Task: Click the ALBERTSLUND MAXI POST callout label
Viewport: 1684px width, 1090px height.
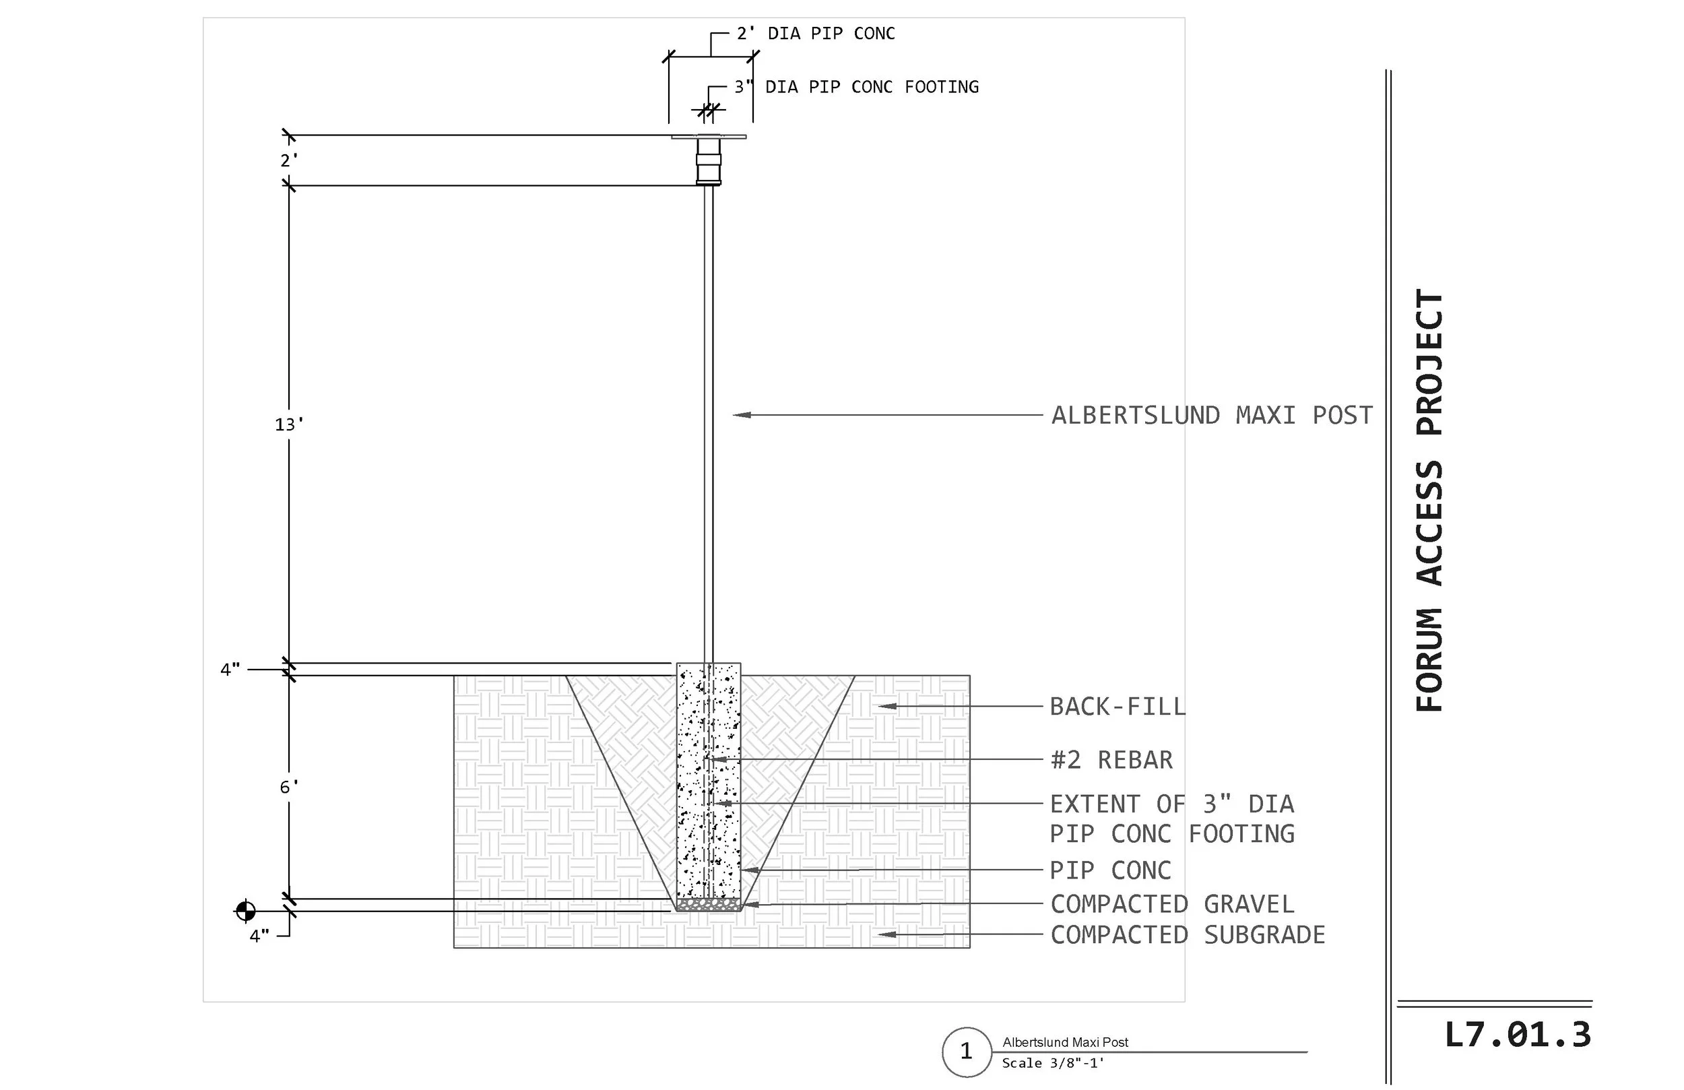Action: coord(1212,416)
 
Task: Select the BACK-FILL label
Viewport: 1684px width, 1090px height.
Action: coord(1118,707)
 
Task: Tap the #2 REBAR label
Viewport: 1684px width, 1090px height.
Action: coord(1111,759)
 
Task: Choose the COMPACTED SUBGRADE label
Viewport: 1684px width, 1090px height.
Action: coord(1188,934)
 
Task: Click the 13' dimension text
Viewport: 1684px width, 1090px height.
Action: coord(289,424)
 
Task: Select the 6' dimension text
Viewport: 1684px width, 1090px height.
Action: coord(289,787)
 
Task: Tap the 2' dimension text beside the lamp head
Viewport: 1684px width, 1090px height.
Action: coord(289,160)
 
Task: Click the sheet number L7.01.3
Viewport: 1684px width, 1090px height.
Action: coord(1517,1035)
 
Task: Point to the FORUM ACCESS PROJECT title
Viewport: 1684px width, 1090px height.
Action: coord(1429,501)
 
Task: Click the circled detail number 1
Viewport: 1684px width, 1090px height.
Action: coord(967,1052)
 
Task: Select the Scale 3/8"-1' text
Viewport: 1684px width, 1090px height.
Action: coord(1053,1063)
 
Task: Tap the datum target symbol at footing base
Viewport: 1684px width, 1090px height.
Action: coord(245,911)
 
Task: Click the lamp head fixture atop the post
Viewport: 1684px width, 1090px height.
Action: coord(708,160)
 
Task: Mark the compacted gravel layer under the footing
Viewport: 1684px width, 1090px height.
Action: coord(708,905)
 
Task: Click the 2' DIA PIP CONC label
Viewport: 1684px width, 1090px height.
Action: coord(816,33)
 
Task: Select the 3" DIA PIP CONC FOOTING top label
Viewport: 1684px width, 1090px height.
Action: coord(856,86)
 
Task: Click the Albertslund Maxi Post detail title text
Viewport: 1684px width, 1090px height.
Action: coord(1065,1042)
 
